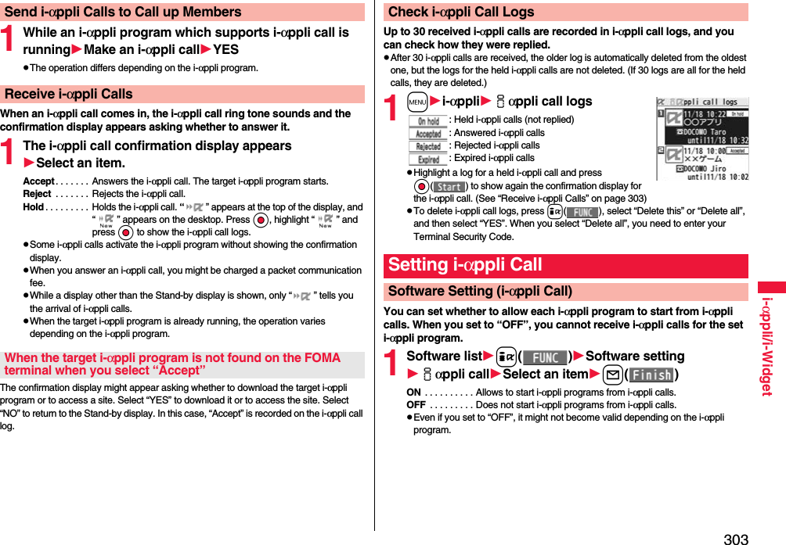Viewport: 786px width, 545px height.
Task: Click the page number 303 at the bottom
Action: (x=735, y=538)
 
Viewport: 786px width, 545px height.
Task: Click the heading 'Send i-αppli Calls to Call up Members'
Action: (x=123, y=12)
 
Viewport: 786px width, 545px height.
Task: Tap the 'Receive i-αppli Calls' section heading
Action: (x=69, y=94)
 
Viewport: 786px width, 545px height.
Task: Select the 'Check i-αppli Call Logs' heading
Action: (x=461, y=12)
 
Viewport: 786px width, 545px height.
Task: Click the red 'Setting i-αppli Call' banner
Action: (x=465, y=265)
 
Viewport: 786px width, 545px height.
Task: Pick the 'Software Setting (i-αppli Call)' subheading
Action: (x=480, y=291)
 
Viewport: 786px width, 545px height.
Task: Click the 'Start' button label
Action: (x=449, y=187)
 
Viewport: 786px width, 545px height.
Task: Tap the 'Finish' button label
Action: (x=651, y=375)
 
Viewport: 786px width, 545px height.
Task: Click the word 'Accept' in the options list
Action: (x=38, y=181)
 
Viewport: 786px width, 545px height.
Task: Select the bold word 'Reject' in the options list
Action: (x=37, y=194)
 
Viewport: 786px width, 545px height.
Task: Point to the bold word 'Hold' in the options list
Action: (x=33, y=207)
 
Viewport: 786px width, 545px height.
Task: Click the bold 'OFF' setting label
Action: (x=416, y=405)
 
